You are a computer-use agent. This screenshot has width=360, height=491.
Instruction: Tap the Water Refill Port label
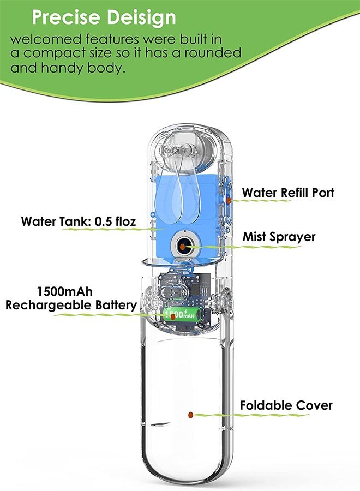(288, 193)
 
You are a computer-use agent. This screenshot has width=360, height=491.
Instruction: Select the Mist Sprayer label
(279, 237)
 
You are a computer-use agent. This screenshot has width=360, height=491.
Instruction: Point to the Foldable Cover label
(286, 405)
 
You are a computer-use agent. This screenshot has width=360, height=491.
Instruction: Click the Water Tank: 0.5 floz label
(79, 221)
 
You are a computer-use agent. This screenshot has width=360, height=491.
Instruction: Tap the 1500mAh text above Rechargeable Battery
(64, 290)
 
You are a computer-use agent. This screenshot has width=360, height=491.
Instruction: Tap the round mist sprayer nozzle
(183, 248)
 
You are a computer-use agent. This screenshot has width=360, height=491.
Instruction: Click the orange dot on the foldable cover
(190, 415)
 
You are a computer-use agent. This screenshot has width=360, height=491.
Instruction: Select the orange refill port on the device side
(229, 201)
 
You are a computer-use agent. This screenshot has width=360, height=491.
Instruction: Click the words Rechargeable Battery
(71, 304)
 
